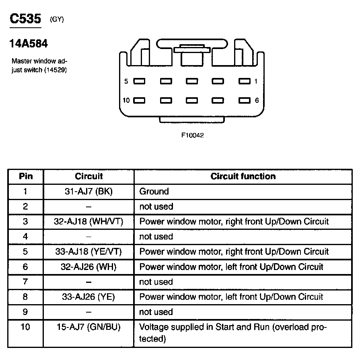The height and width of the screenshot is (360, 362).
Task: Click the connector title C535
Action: pyautogui.click(x=26, y=19)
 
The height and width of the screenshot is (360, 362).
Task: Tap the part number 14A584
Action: pyautogui.click(x=28, y=43)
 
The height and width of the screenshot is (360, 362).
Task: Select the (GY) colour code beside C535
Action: pyautogui.click(x=57, y=19)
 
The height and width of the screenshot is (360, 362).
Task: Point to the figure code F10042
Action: pyautogui.click(x=193, y=135)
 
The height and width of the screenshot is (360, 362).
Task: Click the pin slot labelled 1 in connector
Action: pyautogui.click(x=245, y=81)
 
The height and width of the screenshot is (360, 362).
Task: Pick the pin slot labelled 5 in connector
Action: pyautogui.click(x=139, y=81)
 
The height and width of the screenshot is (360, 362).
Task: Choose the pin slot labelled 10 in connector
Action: pyautogui.click(x=139, y=100)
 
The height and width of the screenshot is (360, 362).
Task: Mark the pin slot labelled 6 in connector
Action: pyautogui.click(x=245, y=100)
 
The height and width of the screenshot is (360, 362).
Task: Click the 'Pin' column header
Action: pyautogui.click(x=25, y=176)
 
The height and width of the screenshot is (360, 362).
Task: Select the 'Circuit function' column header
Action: pyautogui.click(x=243, y=176)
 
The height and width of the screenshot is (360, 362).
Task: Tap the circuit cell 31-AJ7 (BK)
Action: pyautogui.click(x=88, y=192)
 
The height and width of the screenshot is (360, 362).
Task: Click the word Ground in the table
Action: pyautogui.click(x=154, y=192)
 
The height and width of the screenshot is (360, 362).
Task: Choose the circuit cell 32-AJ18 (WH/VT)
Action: pyautogui.click(x=88, y=221)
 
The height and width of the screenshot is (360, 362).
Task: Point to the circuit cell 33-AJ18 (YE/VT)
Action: pyautogui.click(x=88, y=252)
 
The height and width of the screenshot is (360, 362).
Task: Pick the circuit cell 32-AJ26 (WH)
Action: pyautogui.click(x=88, y=267)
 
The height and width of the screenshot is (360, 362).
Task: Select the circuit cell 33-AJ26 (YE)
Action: pyautogui.click(x=88, y=297)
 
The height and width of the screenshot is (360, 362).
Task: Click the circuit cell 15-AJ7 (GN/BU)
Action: pyautogui.click(x=88, y=327)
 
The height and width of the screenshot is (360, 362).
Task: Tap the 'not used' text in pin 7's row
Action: pyautogui.click(x=156, y=282)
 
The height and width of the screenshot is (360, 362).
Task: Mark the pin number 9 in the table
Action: pyautogui.click(x=25, y=312)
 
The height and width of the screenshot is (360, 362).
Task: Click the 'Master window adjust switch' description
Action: pyautogui.click(x=39, y=65)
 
